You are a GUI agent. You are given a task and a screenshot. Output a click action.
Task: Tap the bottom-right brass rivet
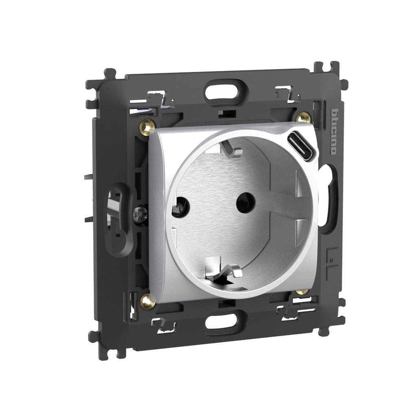301,291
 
